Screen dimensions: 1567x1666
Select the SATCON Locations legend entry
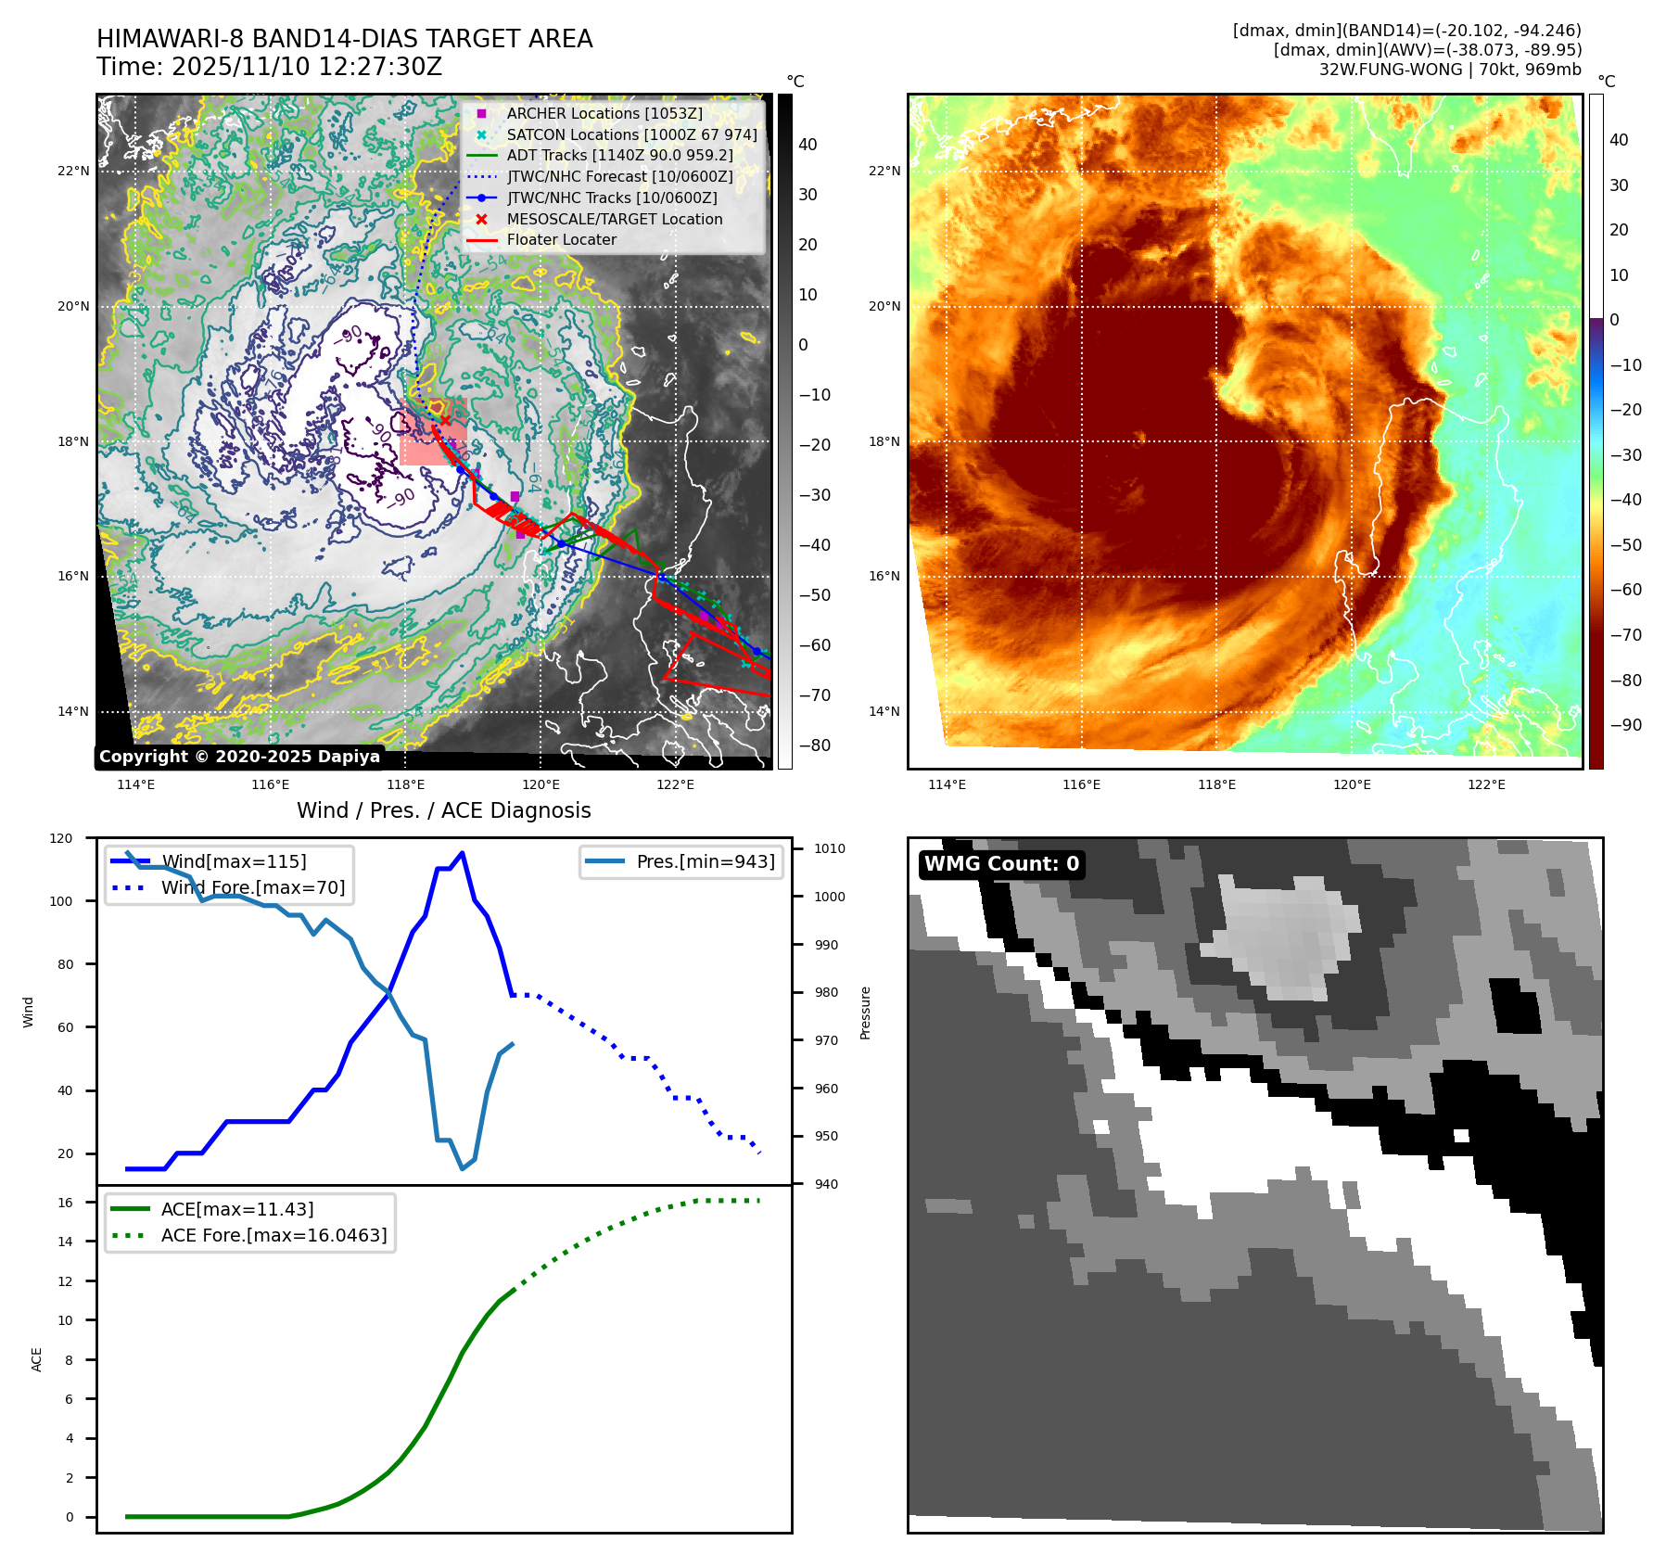tap(631, 134)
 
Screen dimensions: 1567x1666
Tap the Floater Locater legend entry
tap(561, 239)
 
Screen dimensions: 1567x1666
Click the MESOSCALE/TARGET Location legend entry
tap(614, 219)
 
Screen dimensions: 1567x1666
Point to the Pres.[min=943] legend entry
tap(705, 861)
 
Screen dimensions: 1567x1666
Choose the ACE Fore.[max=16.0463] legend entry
tap(273, 1235)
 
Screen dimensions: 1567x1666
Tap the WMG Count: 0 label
tap(1001, 864)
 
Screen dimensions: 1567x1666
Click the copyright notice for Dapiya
tap(239, 757)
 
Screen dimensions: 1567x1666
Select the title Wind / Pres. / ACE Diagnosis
tap(443, 810)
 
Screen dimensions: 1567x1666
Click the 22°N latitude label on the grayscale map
tap(74, 171)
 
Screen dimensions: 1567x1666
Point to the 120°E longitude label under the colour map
tap(1352, 784)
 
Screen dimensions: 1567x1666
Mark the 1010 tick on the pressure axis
tap(830, 848)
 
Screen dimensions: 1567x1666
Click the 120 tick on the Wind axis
tap(61, 838)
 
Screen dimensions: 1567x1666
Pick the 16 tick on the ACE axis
tap(66, 1203)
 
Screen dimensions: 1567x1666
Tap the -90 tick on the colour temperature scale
tap(1625, 725)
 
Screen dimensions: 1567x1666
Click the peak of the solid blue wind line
tap(462, 853)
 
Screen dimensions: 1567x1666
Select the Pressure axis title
tap(865, 1013)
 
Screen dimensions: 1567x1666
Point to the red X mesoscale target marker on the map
tap(445, 420)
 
